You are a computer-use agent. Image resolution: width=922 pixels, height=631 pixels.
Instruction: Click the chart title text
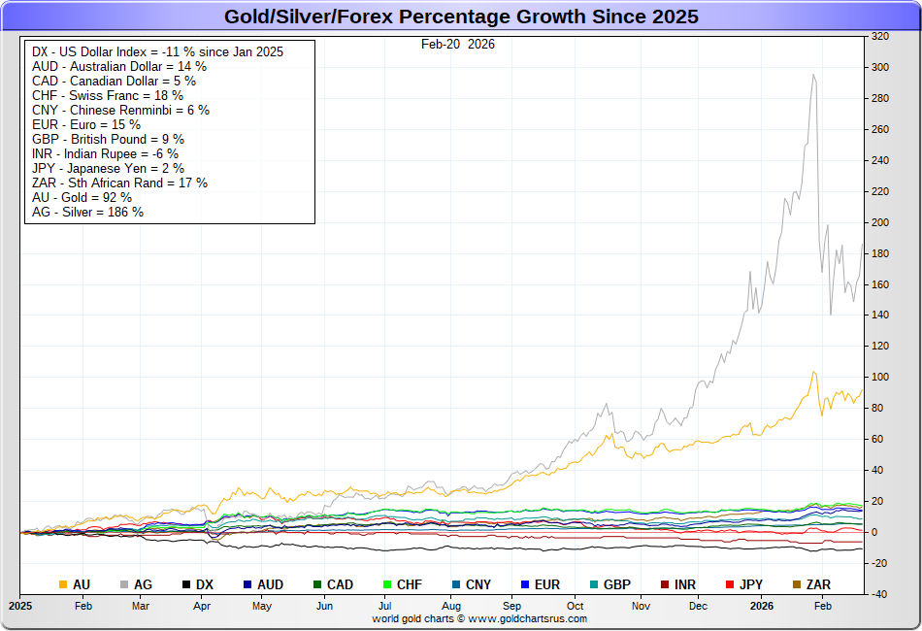[461, 17]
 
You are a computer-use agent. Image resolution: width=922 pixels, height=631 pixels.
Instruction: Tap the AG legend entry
[135, 584]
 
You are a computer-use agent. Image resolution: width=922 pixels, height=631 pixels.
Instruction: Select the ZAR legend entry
[810, 584]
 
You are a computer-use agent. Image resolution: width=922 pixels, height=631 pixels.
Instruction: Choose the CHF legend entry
[401, 584]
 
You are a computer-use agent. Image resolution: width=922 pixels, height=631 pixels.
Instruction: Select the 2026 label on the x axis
[761, 605]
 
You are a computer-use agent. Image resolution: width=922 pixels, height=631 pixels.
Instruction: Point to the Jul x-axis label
[386, 605]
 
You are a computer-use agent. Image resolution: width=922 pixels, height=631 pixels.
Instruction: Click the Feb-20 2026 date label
[457, 44]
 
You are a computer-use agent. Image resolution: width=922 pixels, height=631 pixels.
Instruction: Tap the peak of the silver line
[813, 75]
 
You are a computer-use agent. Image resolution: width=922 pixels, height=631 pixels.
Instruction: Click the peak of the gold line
[814, 372]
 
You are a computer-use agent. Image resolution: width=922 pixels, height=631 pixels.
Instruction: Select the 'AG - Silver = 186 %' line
[87, 212]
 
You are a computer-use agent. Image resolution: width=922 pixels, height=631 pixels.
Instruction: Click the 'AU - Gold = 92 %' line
[82, 197]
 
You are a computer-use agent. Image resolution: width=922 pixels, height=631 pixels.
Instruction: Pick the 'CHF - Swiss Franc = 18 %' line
[107, 95]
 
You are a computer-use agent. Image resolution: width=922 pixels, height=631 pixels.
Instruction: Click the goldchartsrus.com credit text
[479, 618]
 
